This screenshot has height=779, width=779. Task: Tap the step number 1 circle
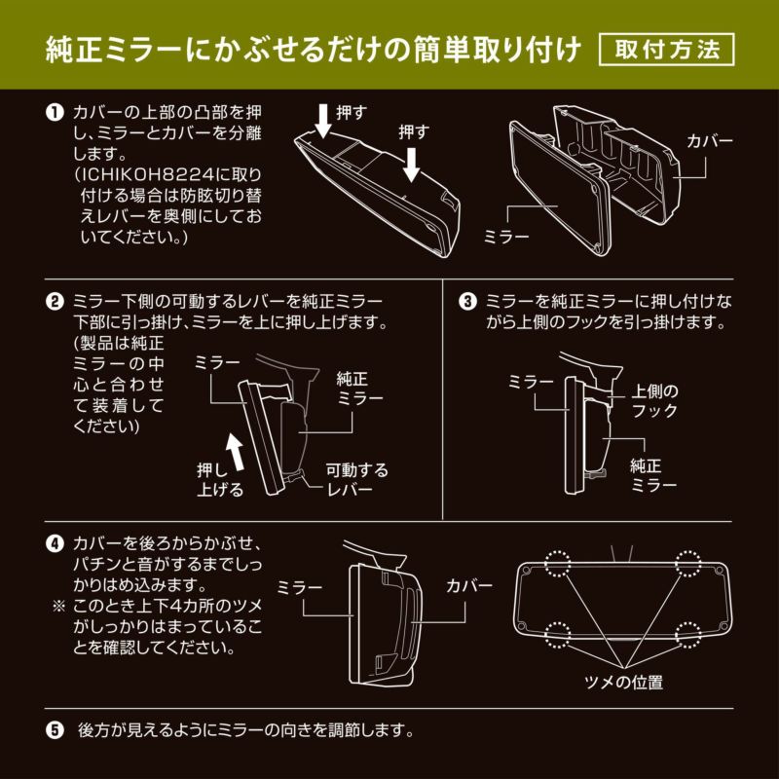coord(56,113)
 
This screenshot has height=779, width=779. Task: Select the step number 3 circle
coord(468,302)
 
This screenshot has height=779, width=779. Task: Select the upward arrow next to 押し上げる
coord(234,451)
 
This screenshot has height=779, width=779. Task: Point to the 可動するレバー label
coord(356,479)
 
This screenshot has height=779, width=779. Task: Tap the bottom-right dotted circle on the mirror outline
coord(689,635)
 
